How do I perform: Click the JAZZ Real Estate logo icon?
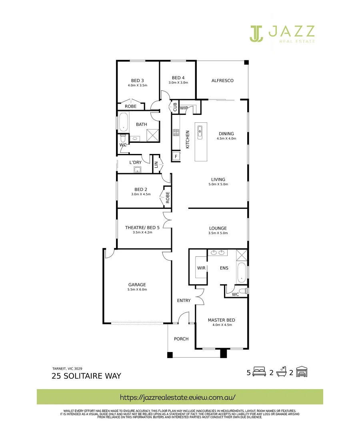[256, 34]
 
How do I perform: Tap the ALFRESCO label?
[222, 81]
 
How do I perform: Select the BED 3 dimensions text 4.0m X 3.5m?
[138, 86]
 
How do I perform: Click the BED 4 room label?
[178, 78]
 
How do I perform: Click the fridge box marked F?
[176, 156]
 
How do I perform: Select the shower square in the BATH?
[153, 136]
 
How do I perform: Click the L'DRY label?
[135, 162]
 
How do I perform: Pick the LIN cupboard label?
[156, 164]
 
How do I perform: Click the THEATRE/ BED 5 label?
[142, 228]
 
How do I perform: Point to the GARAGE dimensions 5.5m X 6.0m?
[137, 290]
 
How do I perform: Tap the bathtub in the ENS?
[242, 273]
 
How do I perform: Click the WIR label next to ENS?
[201, 268]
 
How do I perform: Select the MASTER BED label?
[221, 320]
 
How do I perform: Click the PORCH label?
[181, 339]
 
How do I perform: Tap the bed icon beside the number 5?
[259, 372]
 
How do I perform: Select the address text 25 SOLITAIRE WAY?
[86, 376]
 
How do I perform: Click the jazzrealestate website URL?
[178, 397]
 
